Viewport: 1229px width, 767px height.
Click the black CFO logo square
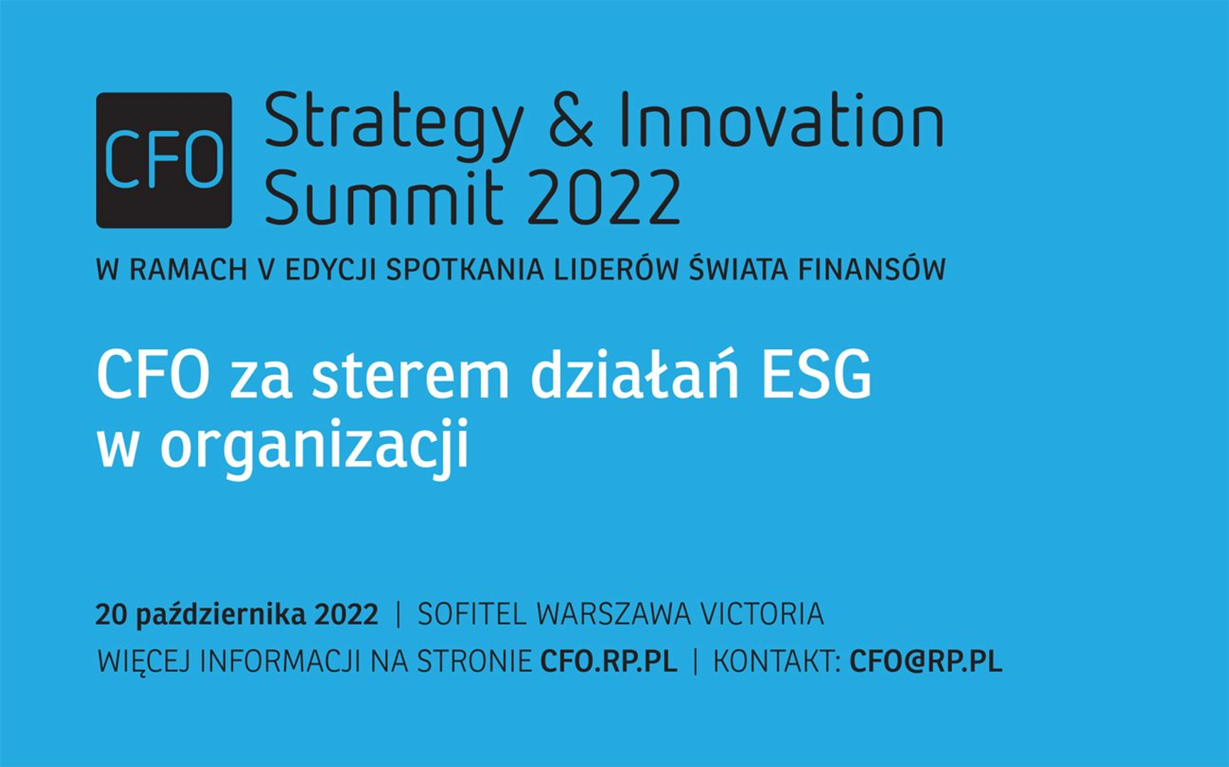[164, 160]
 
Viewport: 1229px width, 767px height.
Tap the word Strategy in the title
[394, 125]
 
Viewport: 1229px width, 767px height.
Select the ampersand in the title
[570, 120]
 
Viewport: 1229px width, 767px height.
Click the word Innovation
[781, 120]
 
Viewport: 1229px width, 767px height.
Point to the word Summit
[384, 196]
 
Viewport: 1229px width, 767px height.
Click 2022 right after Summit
[604, 197]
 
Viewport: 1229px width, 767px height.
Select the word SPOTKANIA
[465, 270]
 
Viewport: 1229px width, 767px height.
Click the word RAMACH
[188, 270]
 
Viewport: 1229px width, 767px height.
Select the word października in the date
[220, 614]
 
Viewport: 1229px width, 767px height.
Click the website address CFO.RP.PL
[609, 661]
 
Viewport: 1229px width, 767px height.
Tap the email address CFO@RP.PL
[926, 661]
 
